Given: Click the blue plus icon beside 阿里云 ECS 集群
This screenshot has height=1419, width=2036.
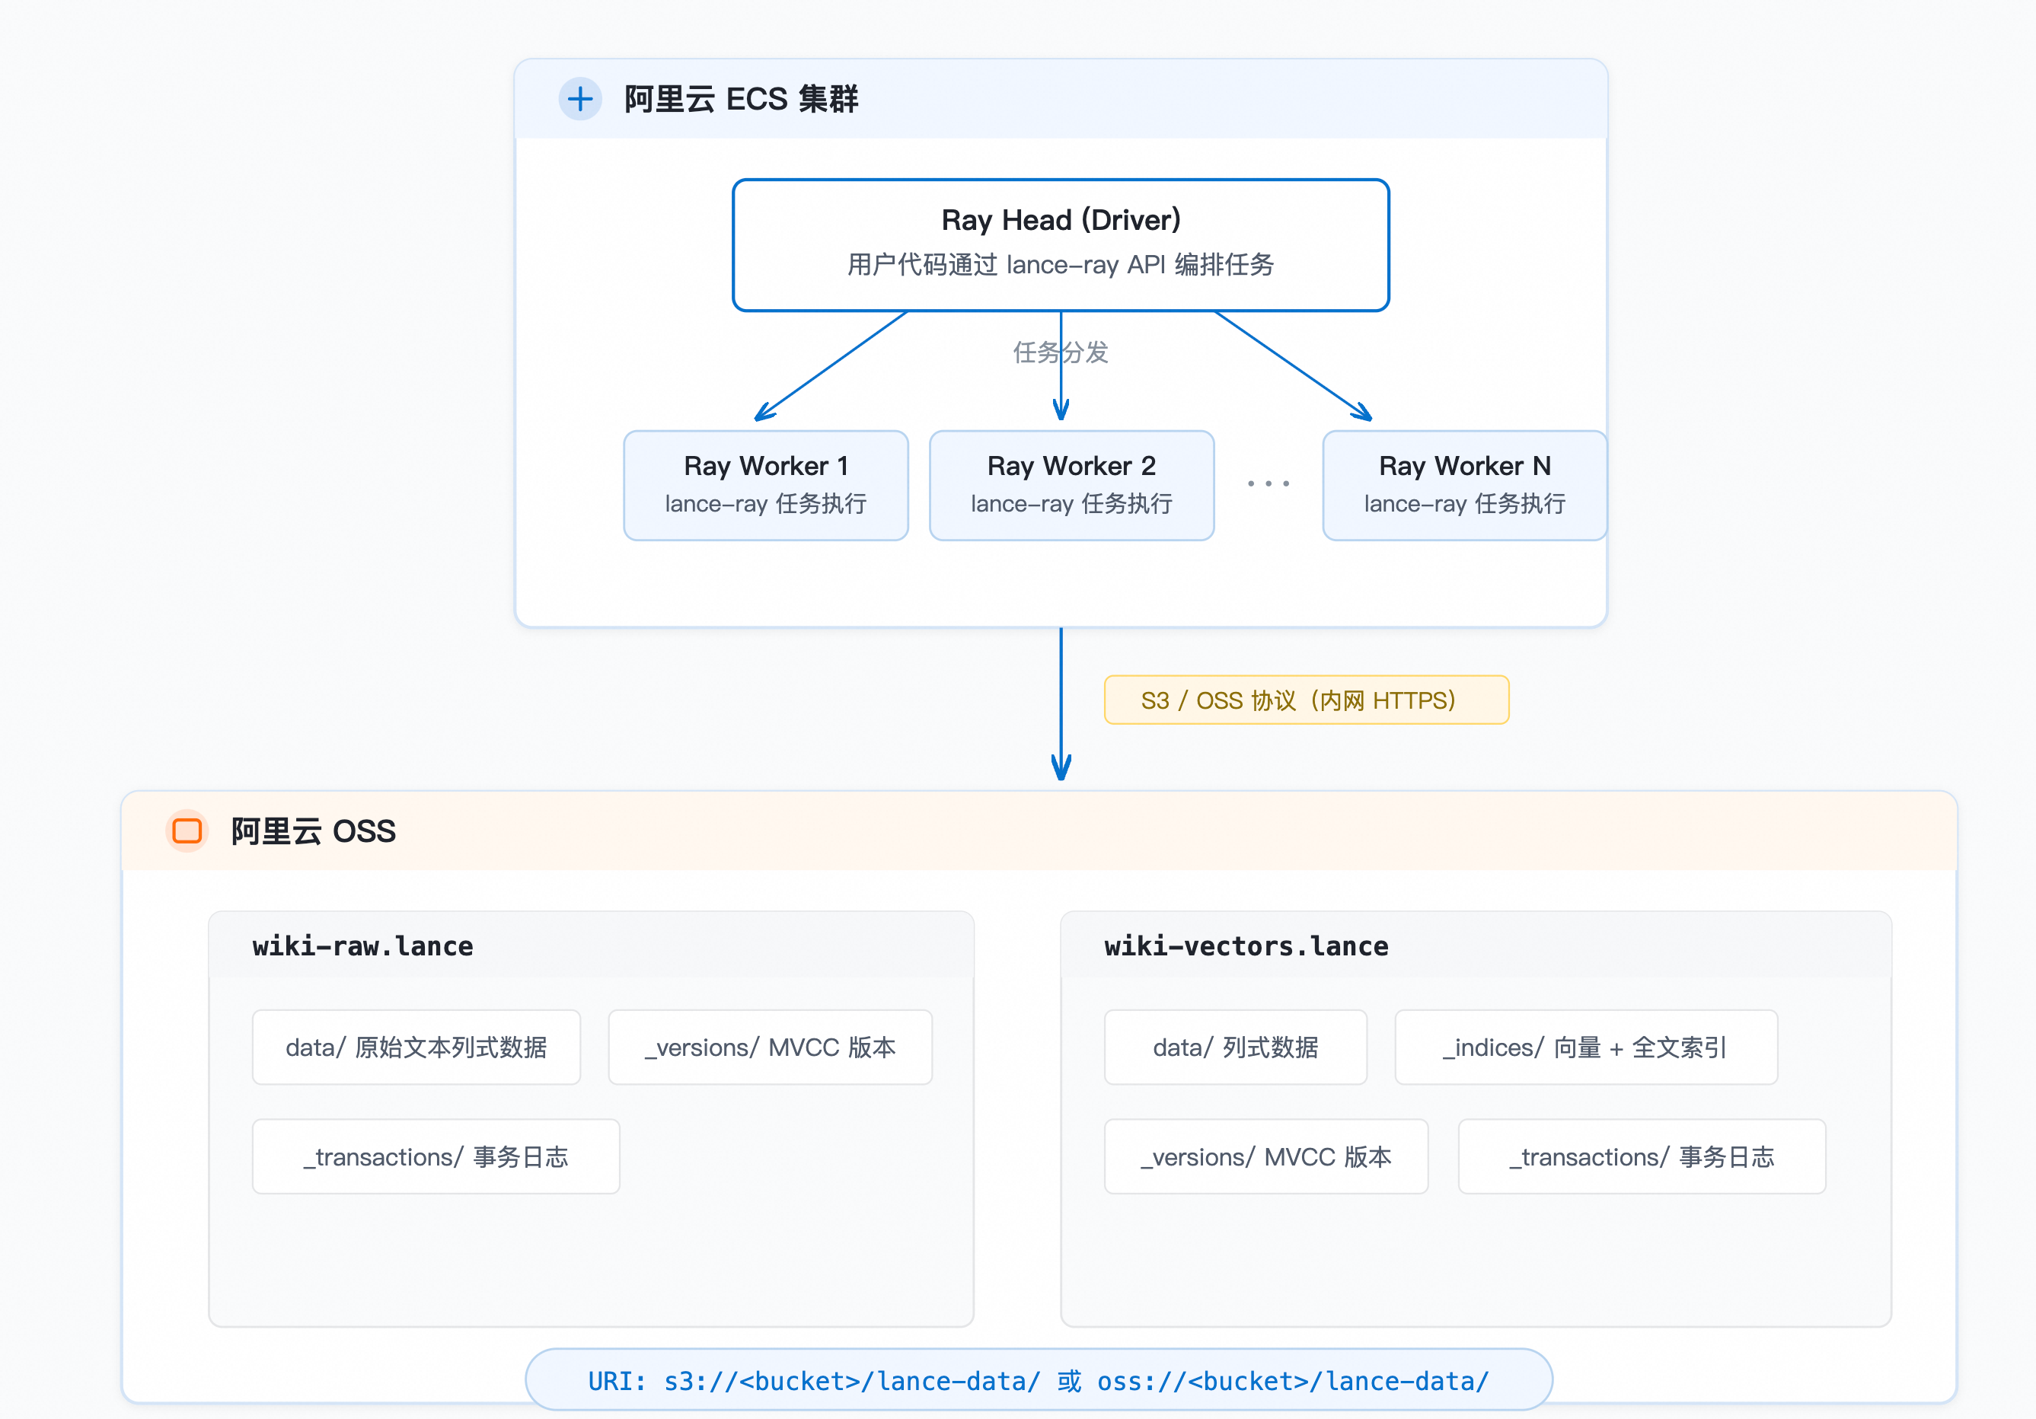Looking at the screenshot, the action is pos(580,98).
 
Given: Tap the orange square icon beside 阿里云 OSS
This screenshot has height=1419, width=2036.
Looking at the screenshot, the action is pos(187,831).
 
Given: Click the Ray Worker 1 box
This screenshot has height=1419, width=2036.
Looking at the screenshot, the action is pos(766,486).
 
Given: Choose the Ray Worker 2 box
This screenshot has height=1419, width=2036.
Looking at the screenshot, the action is pos(1071,486).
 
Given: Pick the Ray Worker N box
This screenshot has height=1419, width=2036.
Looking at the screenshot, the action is pos(1465,486).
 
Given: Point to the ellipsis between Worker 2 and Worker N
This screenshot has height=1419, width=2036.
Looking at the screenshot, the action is pos(1268,483).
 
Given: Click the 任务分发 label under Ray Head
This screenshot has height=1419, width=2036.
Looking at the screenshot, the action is pos(1061,352).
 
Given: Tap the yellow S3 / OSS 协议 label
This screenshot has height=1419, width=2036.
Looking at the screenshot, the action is pos(1307,700).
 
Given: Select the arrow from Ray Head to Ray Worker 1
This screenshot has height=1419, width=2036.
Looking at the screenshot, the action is pos(831,366).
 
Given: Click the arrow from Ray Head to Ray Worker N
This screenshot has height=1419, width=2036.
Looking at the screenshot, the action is pos(1293,366).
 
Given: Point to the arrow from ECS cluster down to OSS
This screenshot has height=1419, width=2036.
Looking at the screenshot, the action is pos(1061,703).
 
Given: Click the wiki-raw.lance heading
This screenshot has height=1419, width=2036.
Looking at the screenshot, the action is pos(362,945).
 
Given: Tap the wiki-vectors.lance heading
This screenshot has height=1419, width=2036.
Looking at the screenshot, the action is pos(1246,945).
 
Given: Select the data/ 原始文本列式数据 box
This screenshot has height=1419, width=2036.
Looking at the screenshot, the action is pos(416,1048).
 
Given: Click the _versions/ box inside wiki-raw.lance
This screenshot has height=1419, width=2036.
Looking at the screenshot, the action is pos(770,1048).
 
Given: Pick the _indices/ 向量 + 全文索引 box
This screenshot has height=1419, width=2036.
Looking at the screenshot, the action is pos(1585,1048).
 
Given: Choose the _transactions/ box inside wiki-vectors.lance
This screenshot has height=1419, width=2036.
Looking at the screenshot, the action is pos(1642,1156).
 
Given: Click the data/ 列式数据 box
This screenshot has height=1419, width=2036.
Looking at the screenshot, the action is pos(1235,1048).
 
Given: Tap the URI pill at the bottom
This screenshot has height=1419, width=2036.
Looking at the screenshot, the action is pos(1039,1380).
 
